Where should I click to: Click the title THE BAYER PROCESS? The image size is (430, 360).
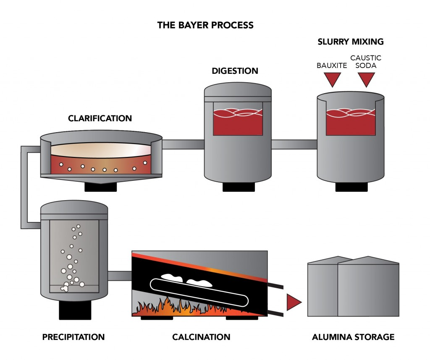[x=205, y=25]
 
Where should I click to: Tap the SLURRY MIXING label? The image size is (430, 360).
[x=351, y=42]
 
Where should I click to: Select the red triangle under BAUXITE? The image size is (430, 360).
[x=332, y=78]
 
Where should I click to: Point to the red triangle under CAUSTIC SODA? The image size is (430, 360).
[x=365, y=78]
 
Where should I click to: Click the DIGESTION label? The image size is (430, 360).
[x=235, y=71]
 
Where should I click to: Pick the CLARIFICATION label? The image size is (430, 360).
[x=100, y=119]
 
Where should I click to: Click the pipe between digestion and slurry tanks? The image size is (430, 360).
[x=294, y=144]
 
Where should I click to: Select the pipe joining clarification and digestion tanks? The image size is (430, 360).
[x=183, y=144]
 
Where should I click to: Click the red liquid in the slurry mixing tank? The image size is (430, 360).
[x=350, y=125]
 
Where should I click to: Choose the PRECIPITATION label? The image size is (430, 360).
[x=73, y=337]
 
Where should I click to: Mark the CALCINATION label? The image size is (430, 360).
[x=201, y=337]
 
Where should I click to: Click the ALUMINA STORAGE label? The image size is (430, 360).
[x=353, y=337]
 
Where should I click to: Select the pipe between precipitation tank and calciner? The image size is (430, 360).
[x=120, y=276]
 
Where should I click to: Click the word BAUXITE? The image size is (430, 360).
[x=332, y=65]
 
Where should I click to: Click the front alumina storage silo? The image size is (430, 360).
[x=368, y=290]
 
